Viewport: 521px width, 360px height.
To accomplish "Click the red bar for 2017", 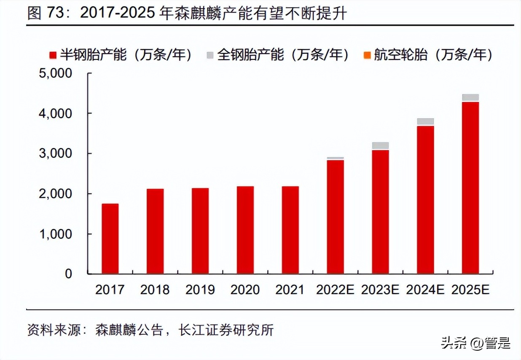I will point(110,239).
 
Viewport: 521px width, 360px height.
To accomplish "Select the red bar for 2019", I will point(200,231).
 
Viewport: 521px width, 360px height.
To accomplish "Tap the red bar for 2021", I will point(290,230).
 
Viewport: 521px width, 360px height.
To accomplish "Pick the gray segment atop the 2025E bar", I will point(470,97).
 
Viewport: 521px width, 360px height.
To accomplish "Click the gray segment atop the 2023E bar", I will point(380,145).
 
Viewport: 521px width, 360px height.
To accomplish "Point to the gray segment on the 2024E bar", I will point(425,121).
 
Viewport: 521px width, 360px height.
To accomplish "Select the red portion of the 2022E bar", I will point(335,217).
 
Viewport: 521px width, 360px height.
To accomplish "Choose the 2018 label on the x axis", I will point(155,290).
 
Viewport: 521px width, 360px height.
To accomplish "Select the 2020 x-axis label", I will point(245,290).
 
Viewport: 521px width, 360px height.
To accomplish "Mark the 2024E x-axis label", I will point(425,290).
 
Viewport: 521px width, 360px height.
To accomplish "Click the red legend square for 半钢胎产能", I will point(53,55).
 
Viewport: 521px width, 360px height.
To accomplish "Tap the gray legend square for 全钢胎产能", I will point(210,55).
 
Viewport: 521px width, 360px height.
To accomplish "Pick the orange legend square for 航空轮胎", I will point(367,55).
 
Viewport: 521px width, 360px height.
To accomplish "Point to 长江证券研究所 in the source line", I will point(226,330).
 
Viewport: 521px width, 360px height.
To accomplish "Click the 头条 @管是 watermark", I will point(475,343).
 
